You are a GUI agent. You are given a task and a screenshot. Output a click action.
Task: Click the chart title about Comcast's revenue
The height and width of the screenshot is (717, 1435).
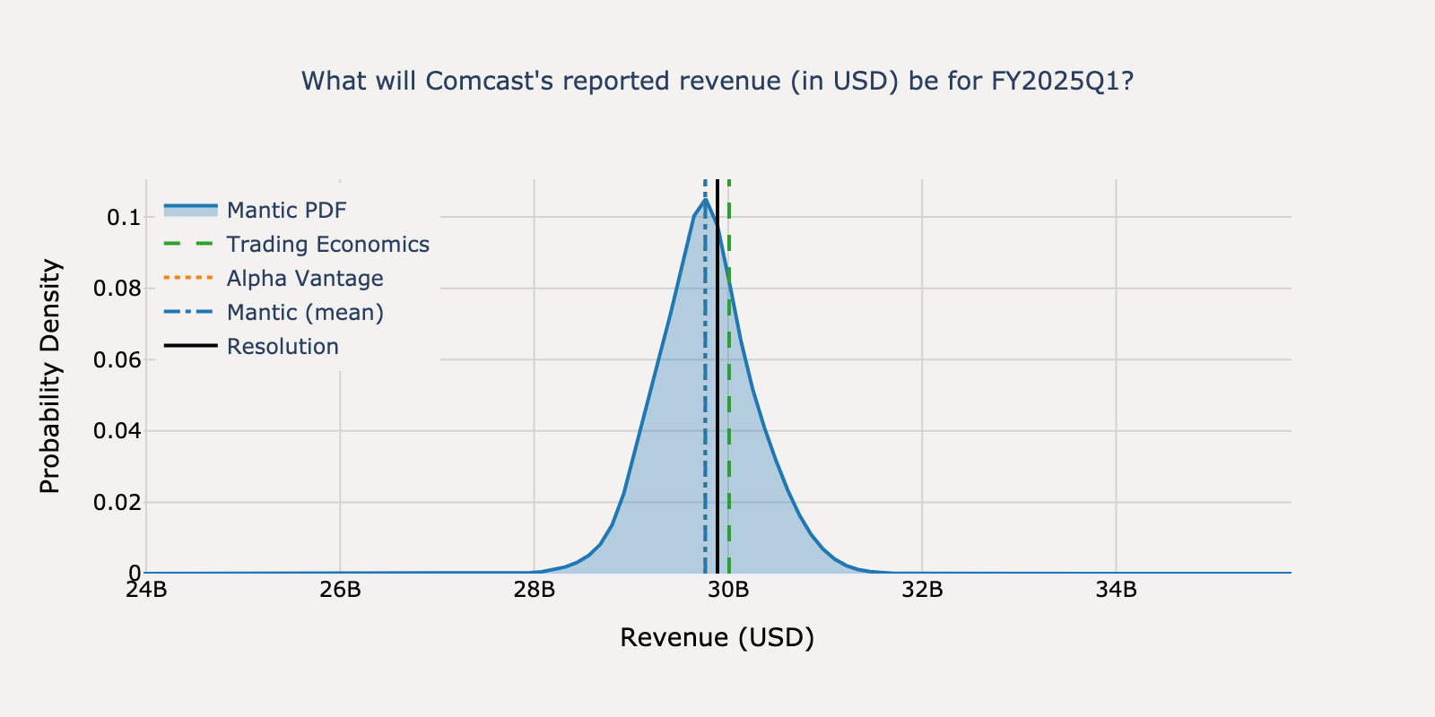pos(717,82)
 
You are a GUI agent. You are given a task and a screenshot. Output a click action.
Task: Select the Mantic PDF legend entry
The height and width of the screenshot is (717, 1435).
pos(286,211)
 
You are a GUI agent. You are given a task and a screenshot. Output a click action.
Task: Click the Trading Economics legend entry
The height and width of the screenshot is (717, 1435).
pos(327,245)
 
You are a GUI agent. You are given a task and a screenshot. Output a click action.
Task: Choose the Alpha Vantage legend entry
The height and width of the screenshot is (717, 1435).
pos(304,279)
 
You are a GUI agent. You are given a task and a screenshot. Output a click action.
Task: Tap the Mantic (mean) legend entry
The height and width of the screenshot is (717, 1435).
pos(304,313)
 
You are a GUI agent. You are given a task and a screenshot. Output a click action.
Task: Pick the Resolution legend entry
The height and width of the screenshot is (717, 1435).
pos(283,347)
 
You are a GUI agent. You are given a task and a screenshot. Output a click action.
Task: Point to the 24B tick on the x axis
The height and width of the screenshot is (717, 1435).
pos(146,590)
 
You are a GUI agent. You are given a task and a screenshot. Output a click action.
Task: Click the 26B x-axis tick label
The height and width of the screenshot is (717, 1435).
pos(340,590)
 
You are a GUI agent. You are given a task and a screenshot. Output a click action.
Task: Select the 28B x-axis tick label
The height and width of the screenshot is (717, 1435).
pos(535,590)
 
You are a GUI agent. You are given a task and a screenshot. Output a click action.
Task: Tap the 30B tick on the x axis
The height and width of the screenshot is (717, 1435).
pos(728,590)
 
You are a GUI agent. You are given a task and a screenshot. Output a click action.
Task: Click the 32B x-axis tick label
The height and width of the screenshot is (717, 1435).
pos(922,590)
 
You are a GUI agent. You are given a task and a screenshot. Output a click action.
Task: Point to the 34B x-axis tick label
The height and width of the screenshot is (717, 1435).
pos(1117,590)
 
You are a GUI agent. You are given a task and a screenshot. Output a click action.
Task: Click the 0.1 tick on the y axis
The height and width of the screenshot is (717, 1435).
pos(123,218)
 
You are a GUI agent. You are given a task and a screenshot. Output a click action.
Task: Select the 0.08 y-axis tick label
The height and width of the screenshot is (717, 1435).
pos(117,289)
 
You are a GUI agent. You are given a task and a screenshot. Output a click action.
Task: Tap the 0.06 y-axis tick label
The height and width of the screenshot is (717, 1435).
pos(117,360)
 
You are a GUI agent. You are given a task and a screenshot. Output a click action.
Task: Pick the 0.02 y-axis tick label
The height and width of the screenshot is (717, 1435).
pos(117,503)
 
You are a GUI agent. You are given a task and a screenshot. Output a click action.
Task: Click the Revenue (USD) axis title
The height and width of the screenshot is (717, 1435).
pos(717,638)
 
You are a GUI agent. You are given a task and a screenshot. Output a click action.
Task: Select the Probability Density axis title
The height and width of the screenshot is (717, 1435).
pos(51,376)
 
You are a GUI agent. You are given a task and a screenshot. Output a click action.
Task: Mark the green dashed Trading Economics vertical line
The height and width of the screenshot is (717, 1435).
pos(729,448)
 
